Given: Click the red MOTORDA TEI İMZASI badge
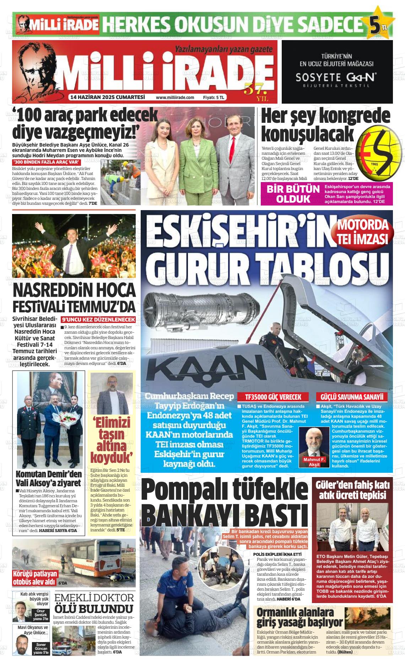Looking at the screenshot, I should (x=362, y=232).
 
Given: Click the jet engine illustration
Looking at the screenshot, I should (x=199, y=308).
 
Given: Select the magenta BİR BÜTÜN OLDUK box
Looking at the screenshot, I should (x=293, y=193).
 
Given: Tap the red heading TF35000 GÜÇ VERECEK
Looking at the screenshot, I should (x=274, y=397).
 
